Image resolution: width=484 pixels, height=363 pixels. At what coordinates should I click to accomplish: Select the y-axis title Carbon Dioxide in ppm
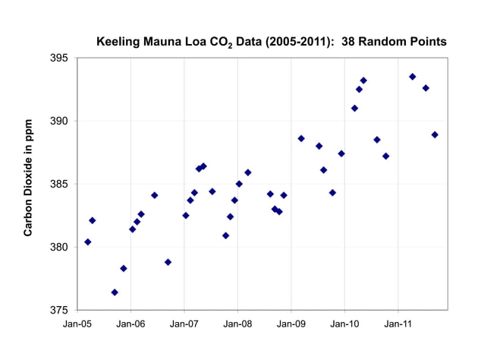tap(28, 177)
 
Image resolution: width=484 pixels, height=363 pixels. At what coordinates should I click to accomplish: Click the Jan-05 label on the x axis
tap(77, 324)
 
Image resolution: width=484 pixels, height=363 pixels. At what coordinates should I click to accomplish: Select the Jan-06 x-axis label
tap(130, 324)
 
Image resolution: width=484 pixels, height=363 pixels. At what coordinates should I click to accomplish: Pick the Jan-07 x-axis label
tap(184, 324)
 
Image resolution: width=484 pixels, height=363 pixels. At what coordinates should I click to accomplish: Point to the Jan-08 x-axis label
tap(237, 324)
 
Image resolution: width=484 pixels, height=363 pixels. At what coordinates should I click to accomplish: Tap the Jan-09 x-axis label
tap(291, 324)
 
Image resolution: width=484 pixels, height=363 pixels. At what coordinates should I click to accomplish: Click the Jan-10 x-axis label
tap(344, 324)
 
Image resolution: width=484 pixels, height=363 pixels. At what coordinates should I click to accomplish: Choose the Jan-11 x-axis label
tap(398, 324)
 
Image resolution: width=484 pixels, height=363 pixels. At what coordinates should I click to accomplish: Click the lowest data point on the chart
tap(115, 292)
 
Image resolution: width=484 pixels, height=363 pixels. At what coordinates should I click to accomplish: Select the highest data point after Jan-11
tap(413, 77)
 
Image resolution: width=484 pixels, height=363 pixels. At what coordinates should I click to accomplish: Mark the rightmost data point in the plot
tap(435, 135)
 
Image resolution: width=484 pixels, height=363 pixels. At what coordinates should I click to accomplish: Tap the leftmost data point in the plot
tap(88, 242)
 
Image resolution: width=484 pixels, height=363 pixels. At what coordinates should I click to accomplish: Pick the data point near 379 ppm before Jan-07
tap(168, 262)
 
